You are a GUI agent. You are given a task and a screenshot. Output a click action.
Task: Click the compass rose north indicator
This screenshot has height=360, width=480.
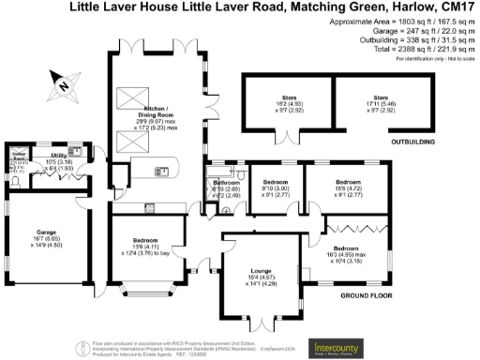point(61,83)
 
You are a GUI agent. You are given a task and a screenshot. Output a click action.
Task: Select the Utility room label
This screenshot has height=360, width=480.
point(58,156)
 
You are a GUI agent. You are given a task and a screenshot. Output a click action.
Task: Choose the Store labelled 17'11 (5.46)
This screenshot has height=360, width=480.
point(379,103)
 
